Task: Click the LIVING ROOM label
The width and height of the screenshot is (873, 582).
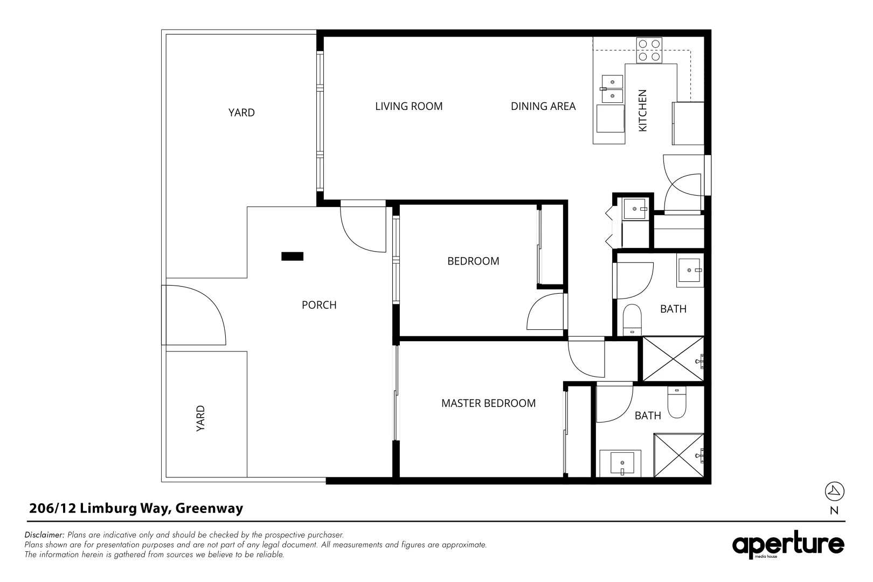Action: [408, 106]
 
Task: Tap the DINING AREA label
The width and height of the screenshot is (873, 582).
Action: [543, 106]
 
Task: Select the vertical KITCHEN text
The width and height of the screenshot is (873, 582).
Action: [642, 110]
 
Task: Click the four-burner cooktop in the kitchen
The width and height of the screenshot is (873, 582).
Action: [649, 50]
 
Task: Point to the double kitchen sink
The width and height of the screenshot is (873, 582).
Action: [612, 89]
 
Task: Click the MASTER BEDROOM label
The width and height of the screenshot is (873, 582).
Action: [488, 403]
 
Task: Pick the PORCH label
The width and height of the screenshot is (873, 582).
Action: [319, 305]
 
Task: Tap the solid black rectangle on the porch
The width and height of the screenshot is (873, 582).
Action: [292, 257]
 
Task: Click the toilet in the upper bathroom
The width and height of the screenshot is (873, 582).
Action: [632, 319]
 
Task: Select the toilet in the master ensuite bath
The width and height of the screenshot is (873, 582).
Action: [676, 403]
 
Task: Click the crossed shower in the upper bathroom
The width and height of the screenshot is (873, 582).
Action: [673, 359]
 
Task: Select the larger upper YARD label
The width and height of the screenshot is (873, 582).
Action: [241, 113]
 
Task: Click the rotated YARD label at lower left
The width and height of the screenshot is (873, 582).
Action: [200, 418]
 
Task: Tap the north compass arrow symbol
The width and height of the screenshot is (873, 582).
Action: [834, 491]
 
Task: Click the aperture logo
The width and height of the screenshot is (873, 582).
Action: [788, 545]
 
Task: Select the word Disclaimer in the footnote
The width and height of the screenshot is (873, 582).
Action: [44, 535]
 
